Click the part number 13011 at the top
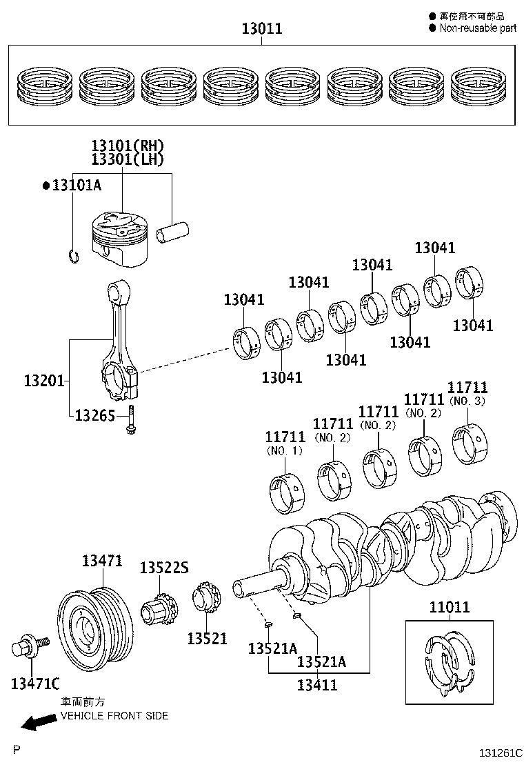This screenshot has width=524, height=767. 261,29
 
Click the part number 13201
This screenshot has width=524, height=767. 44,380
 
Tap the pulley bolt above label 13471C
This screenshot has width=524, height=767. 30,648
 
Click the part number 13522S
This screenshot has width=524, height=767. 163,568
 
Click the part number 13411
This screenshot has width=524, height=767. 317,685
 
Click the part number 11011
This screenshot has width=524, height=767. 449,608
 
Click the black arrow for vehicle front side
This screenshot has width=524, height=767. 39,721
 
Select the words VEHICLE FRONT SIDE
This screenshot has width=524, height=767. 114,715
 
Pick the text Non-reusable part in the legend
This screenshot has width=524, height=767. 477,28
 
